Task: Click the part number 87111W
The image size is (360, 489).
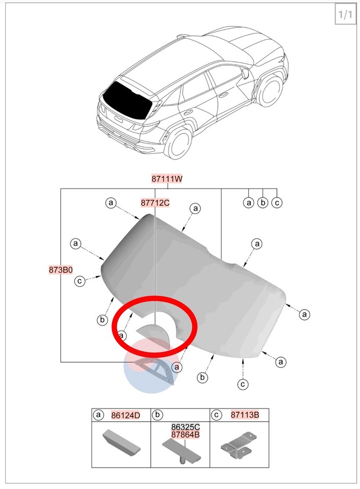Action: coord(167,179)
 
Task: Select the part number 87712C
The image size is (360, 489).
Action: coord(155,203)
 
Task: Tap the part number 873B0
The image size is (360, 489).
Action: coord(61,269)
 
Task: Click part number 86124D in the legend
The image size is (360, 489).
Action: coord(126,415)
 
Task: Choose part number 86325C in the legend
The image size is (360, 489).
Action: coord(185,427)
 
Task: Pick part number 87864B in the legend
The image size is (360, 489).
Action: coord(185,434)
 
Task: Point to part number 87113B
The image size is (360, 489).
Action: coord(245,415)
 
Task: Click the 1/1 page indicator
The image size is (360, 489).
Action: coord(345,14)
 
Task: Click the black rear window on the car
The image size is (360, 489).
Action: coord(127,100)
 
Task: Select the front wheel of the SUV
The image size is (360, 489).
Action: coord(270,90)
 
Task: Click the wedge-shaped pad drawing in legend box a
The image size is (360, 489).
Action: coord(121,443)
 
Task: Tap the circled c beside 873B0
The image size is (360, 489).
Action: coord(80,281)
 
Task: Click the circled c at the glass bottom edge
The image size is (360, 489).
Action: coord(243,384)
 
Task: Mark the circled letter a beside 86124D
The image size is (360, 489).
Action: coord(98,415)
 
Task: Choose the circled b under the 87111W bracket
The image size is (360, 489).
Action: coord(263,203)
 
